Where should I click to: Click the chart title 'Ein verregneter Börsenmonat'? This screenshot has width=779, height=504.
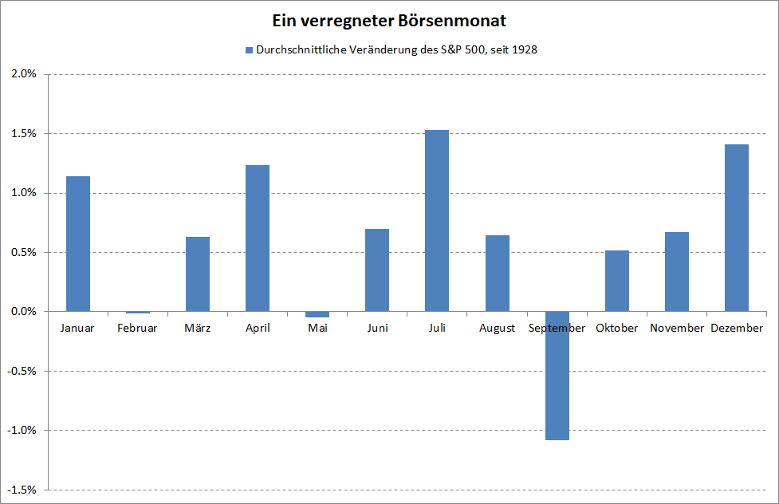tap(388, 19)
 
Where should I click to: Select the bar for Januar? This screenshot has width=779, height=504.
tap(78, 243)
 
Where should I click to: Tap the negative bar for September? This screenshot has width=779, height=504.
tap(557, 375)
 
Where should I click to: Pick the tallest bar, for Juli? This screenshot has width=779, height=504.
tap(437, 220)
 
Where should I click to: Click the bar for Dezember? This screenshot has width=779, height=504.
tap(737, 227)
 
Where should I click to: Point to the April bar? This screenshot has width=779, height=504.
tap(258, 238)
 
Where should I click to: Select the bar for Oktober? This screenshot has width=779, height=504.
tap(617, 281)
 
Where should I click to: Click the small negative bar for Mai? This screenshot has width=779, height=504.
tap(317, 314)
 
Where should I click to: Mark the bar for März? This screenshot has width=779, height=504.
tap(198, 274)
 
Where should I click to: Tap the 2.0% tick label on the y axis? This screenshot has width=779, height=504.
tap(24, 74)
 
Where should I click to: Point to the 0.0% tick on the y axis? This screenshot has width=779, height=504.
tap(24, 312)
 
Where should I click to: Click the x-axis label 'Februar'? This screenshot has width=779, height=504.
tap(137, 329)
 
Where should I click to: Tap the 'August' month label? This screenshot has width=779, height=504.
tap(497, 329)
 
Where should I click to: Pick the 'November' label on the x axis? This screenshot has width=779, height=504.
tap(677, 329)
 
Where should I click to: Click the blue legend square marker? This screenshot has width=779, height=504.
tap(248, 49)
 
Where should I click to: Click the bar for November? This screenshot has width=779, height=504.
tap(677, 271)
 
